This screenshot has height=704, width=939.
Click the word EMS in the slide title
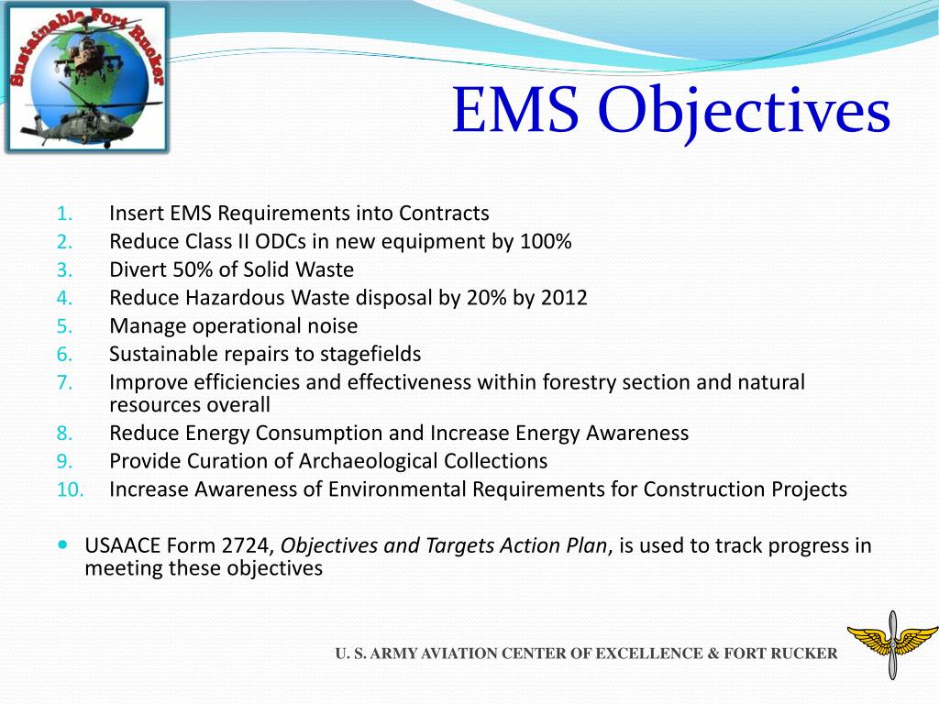point(516,113)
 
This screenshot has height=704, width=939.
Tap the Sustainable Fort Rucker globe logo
point(86,78)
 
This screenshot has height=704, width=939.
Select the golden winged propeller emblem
point(891,644)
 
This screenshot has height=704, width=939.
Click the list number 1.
point(63,214)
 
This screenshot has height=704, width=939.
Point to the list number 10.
point(70,489)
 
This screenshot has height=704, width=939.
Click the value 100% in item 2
point(547,242)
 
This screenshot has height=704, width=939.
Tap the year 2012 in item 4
point(564,298)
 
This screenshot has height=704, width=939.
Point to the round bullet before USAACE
point(62,544)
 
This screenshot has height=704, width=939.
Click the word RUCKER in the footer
point(804,654)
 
